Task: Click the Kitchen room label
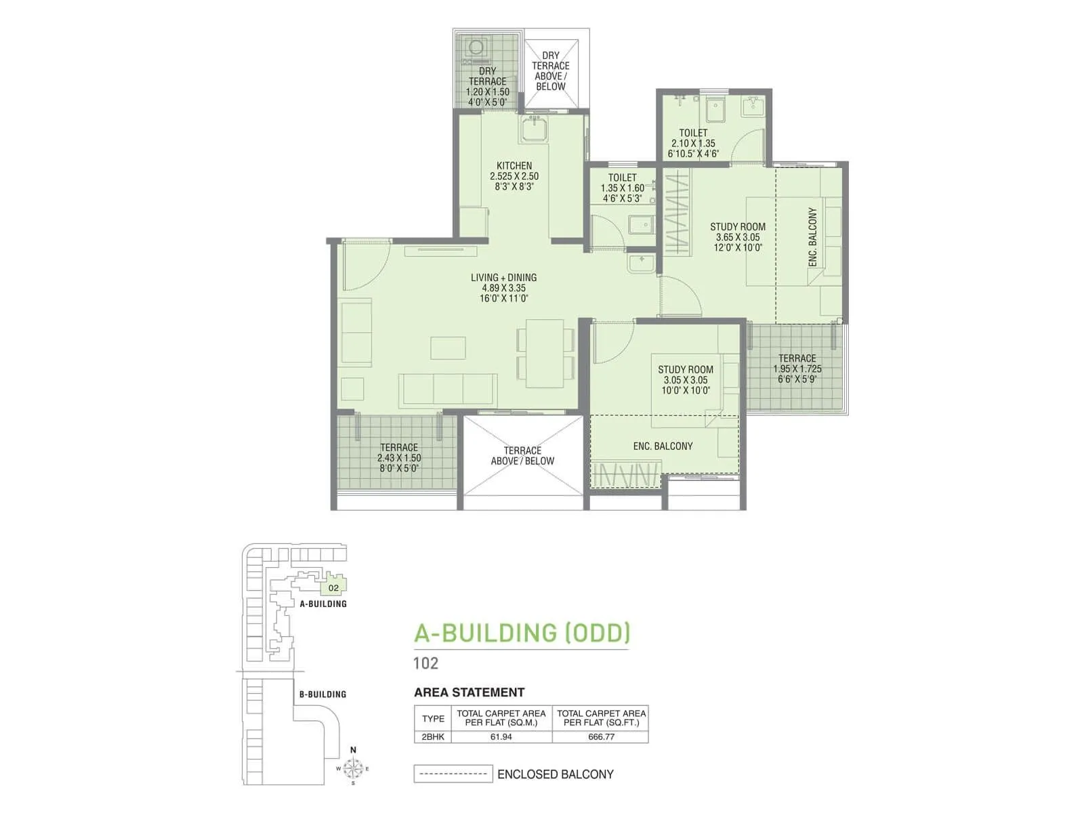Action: tap(514, 175)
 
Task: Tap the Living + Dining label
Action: tap(503, 287)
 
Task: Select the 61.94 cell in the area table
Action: tap(501, 736)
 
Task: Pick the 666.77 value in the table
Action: tap(601, 736)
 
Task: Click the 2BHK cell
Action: tap(432, 736)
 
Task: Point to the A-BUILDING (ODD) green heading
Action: tap(522, 633)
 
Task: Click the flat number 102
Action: tap(425, 663)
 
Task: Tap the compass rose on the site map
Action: tap(352, 768)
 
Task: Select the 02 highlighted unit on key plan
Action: tap(334, 587)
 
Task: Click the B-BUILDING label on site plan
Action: tap(322, 694)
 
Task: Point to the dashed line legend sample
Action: tap(453, 774)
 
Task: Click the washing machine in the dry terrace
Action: tap(476, 47)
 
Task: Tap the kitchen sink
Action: tap(535, 129)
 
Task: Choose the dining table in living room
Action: tap(545, 353)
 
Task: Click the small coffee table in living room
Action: tap(448, 348)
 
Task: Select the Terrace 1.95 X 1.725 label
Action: tap(797, 369)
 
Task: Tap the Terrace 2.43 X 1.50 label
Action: tap(399, 457)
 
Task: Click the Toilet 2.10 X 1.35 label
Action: tap(693, 143)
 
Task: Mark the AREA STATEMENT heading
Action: tap(469, 692)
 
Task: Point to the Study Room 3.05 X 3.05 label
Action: tap(685, 379)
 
